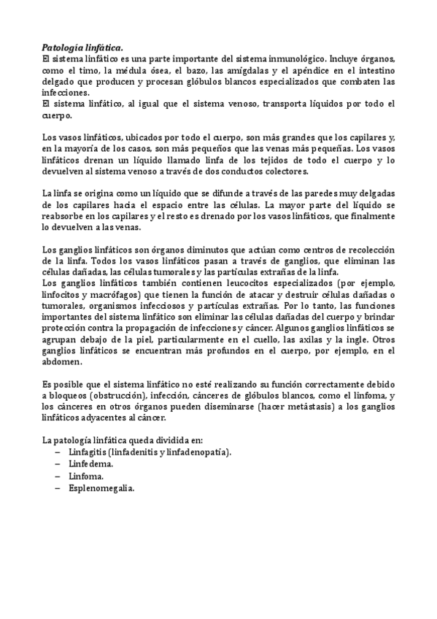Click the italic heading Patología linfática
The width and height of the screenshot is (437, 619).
click(82, 47)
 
